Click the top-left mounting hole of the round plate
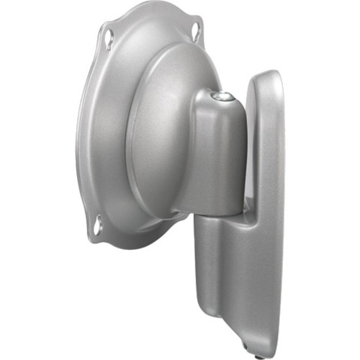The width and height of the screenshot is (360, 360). [108, 32]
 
